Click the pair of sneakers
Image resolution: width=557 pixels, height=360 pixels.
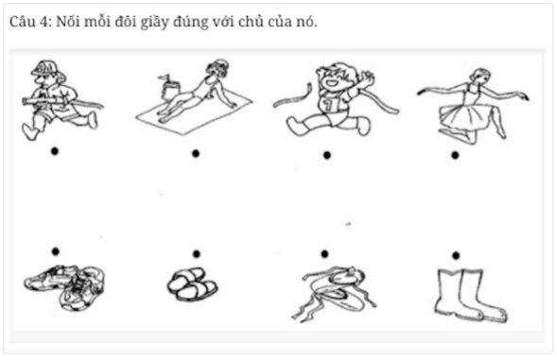tap(64, 286)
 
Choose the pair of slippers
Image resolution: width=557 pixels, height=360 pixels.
tap(191, 283)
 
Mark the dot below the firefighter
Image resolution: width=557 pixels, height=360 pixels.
tap(55, 151)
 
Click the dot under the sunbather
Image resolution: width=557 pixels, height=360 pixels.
tap(195, 153)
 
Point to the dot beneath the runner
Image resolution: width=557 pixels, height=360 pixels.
tap(326, 154)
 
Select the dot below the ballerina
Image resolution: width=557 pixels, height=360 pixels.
tap(455, 154)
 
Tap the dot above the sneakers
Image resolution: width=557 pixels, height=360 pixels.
tap(55, 250)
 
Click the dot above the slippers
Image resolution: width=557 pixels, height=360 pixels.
tap(196, 253)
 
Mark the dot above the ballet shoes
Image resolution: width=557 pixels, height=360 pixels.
tap(324, 253)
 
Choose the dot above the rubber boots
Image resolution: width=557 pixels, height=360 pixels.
tap(456, 255)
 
